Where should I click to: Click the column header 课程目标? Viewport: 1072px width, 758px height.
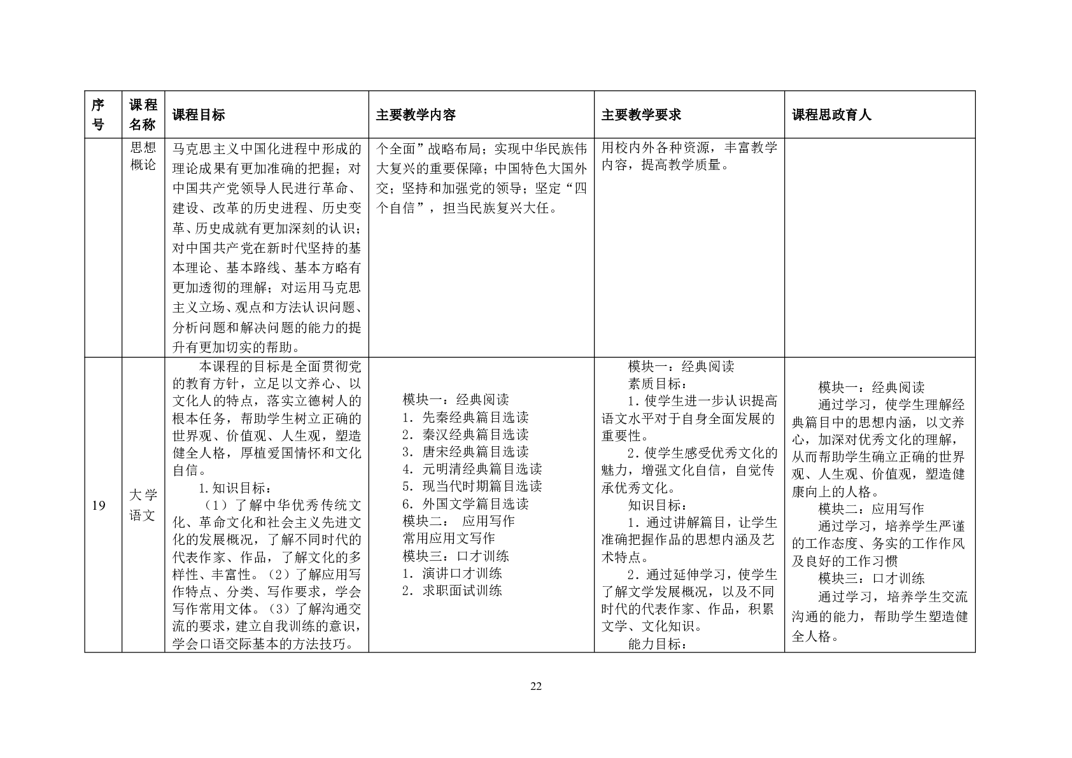[198, 115]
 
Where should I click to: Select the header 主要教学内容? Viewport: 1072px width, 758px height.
[416, 115]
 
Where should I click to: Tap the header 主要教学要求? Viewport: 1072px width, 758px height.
[641, 115]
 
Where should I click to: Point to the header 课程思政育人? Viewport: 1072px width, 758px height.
[831, 115]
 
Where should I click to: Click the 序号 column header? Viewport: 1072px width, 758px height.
[98, 115]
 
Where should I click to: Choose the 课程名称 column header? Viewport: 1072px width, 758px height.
[143, 115]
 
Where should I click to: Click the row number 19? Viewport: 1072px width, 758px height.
[99, 507]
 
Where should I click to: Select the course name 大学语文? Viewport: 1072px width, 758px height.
[143, 505]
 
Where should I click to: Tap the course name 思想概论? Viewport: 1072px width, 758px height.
[143, 156]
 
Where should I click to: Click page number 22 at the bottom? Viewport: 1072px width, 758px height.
[535, 686]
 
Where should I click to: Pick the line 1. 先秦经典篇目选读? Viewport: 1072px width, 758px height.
[465, 418]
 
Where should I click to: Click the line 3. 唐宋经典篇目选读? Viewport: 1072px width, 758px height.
[465, 452]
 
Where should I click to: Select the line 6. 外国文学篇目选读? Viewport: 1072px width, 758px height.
[465, 504]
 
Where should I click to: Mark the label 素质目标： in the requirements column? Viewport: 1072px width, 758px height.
[658, 384]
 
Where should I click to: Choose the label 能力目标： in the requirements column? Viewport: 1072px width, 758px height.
[658, 643]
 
